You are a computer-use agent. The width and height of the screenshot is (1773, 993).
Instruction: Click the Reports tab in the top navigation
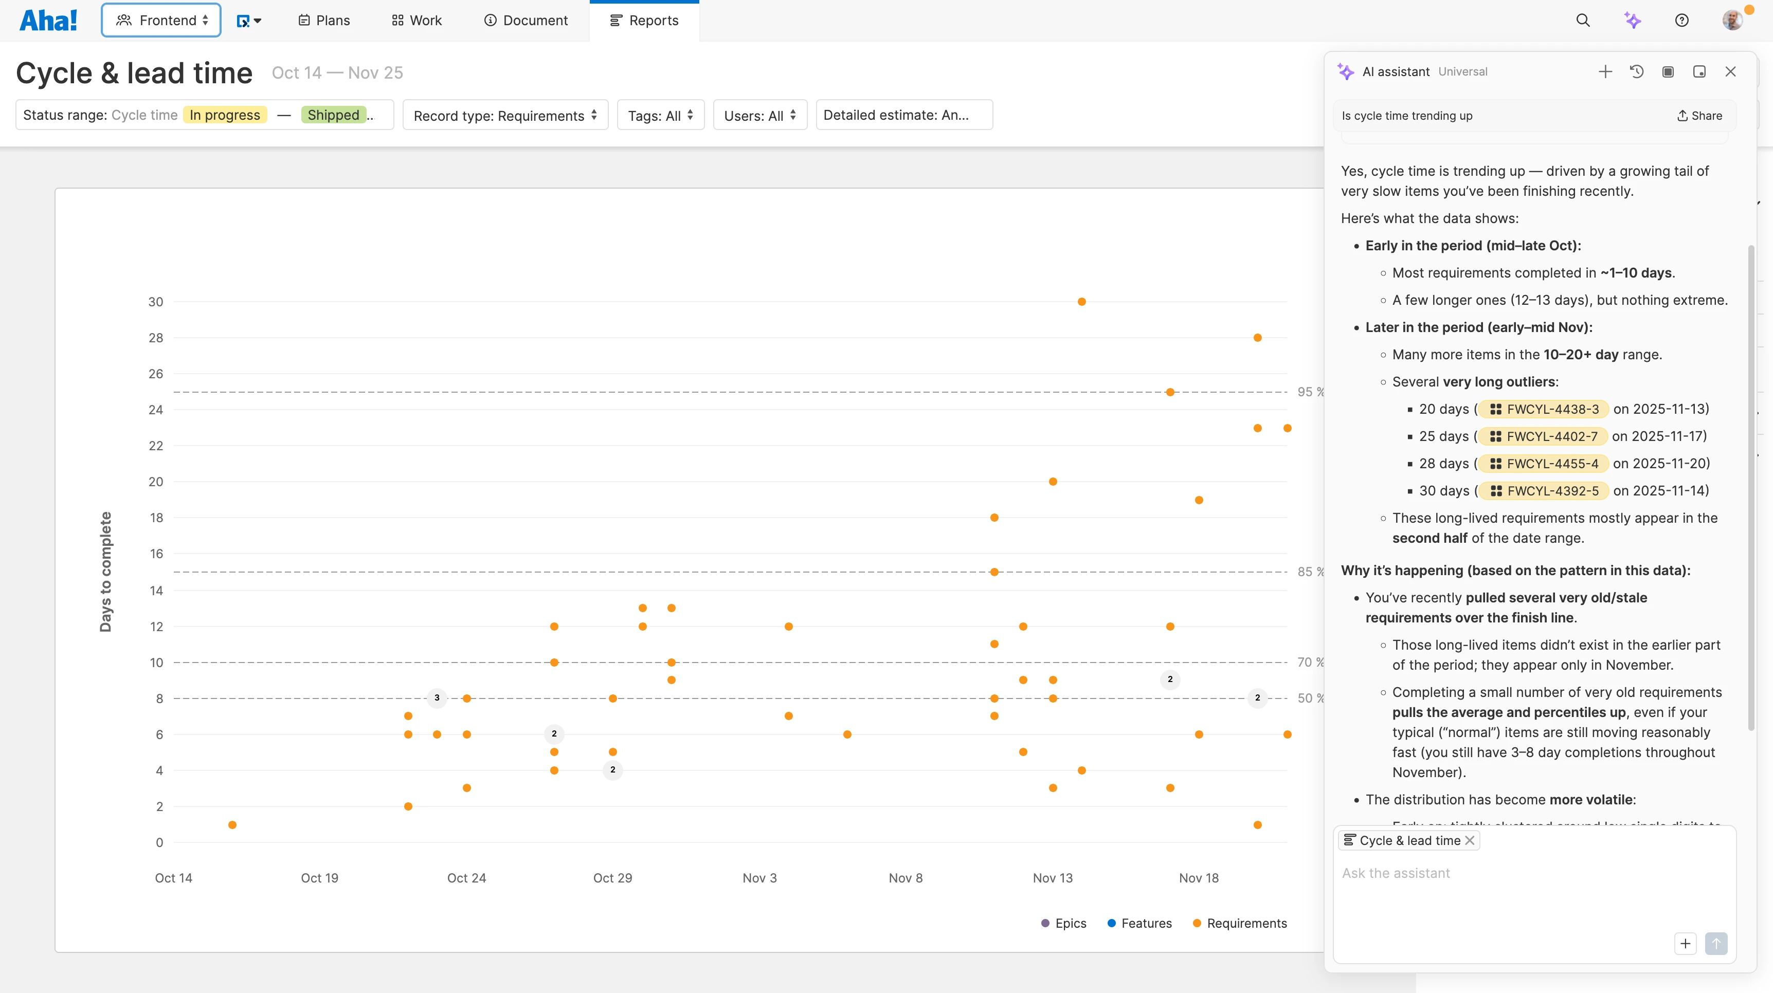644,21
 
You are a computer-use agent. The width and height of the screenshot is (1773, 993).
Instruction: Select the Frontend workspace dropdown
161,21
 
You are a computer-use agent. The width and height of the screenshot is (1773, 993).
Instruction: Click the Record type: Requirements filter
505,116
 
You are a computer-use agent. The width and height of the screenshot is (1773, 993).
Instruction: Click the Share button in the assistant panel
1699,116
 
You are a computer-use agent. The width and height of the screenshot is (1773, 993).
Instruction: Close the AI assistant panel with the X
1730,71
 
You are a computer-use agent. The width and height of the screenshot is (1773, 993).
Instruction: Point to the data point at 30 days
1082,301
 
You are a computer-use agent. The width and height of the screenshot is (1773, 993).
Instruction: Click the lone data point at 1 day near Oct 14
232,824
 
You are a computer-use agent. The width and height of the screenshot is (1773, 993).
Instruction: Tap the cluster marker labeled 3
437,698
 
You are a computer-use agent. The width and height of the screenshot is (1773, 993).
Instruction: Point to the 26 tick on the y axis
156,374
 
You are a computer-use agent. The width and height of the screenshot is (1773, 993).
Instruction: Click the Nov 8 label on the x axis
906,878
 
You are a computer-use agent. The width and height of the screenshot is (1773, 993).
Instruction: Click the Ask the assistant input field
1533,873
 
